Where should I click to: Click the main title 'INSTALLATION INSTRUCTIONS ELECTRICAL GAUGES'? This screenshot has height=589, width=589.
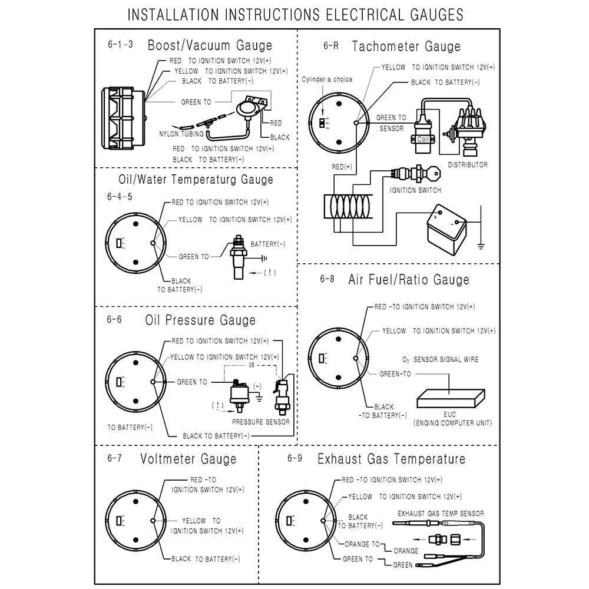(x=294, y=15)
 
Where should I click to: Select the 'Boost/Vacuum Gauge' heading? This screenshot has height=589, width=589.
(x=210, y=45)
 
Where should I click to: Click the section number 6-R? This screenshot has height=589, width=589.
(x=330, y=45)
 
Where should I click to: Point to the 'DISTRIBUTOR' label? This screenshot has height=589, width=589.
(x=468, y=165)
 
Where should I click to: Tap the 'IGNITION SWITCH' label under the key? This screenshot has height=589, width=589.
(x=415, y=190)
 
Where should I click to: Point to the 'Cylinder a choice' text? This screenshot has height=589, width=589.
(x=327, y=80)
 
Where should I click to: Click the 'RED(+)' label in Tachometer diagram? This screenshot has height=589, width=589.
(x=342, y=167)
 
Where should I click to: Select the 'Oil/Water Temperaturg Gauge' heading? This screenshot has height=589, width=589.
(x=196, y=180)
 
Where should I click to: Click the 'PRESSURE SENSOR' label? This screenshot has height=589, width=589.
(x=260, y=422)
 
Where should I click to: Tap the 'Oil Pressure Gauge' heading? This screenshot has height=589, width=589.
(x=200, y=320)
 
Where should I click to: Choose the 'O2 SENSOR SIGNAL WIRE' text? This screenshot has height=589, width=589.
(x=440, y=359)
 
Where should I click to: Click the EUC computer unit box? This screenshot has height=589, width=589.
(x=451, y=399)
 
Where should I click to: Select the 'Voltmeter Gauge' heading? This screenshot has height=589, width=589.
(x=188, y=459)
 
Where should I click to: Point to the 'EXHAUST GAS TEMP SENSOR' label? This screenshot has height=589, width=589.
(x=441, y=514)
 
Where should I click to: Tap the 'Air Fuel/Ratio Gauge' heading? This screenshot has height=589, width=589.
(x=409, y=279)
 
